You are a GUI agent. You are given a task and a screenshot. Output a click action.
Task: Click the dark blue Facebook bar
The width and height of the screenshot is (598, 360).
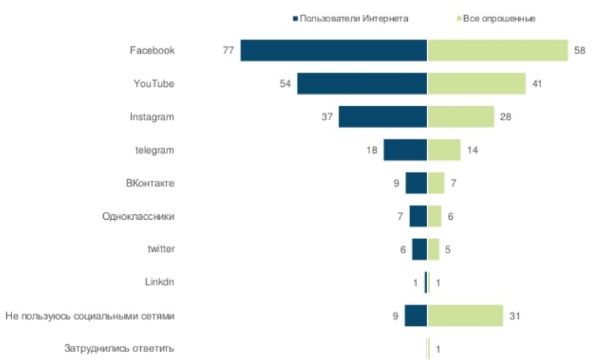coord(333,51)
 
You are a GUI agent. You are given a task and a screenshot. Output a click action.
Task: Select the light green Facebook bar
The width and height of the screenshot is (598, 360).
coord(497,51)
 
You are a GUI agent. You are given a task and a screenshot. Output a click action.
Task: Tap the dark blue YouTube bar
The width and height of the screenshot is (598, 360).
coord(362,83)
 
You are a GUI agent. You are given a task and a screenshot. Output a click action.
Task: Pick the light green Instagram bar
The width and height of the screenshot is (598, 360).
coord(461,117)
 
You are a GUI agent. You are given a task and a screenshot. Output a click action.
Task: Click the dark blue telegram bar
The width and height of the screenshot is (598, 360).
coord(405,150)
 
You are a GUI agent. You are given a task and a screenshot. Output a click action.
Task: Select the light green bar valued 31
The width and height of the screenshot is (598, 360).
coord(465,315)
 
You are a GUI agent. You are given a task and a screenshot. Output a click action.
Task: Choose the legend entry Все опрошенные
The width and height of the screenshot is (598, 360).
coord(499,18)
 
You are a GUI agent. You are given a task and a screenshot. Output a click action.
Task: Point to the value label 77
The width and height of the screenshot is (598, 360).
coord(228,51)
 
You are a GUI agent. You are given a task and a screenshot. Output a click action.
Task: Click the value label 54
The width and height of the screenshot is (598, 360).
coord(285,83)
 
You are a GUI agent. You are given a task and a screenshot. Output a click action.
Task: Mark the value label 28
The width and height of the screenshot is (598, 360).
coord(505,117)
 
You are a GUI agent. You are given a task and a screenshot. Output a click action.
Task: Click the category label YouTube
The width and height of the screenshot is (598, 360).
coord(154,83)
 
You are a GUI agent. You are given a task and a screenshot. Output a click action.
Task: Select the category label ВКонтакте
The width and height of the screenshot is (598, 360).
coord(149,183)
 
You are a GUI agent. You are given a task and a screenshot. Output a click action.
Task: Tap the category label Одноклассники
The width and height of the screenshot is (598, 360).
coord(138,216)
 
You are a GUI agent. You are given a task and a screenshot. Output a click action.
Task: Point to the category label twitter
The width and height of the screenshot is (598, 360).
coord(160,249)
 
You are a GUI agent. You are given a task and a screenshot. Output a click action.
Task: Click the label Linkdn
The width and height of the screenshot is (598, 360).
coord(159,282)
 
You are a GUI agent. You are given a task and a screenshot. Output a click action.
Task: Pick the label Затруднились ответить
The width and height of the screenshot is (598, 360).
coord(119,348)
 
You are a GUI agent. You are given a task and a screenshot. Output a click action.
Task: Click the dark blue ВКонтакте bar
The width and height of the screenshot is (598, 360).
coord(416,183)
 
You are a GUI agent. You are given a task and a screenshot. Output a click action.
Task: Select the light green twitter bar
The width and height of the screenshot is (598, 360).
coord(433,249)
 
